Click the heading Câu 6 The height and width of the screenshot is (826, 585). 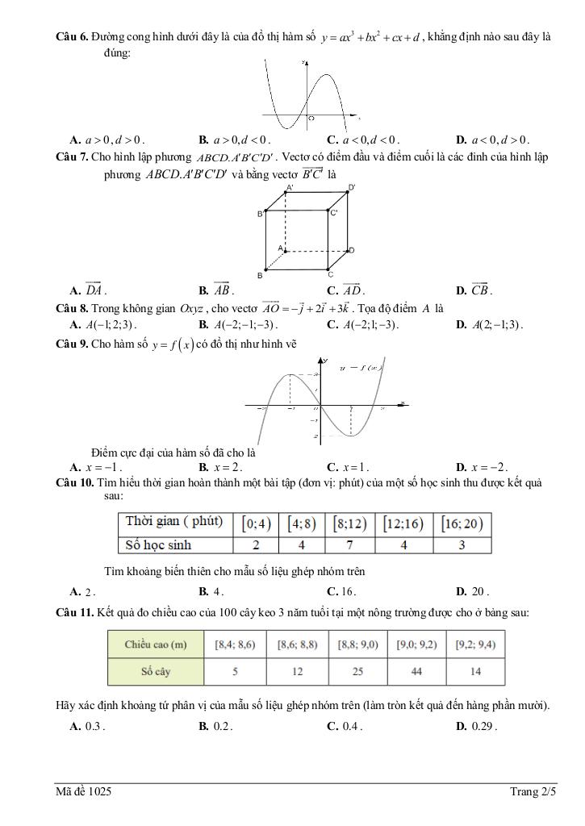[x=72, y=37]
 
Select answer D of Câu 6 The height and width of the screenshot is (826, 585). [x=491, y=139]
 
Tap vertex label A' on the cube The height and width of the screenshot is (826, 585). [x=290, y=187]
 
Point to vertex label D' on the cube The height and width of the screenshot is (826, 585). [x=352, y=187]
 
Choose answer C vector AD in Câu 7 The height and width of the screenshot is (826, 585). [x=345, y=290]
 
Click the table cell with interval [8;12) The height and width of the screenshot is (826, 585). [x=349, y=524]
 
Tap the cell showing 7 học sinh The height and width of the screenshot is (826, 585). [x=349, y=544]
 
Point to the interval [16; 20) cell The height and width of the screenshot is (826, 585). [x=462, y=524]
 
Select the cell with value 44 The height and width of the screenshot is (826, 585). [x=416, y=672]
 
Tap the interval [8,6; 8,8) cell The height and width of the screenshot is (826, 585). [x=296, y=645]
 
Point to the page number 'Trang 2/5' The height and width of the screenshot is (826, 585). [x=533, y=792]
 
